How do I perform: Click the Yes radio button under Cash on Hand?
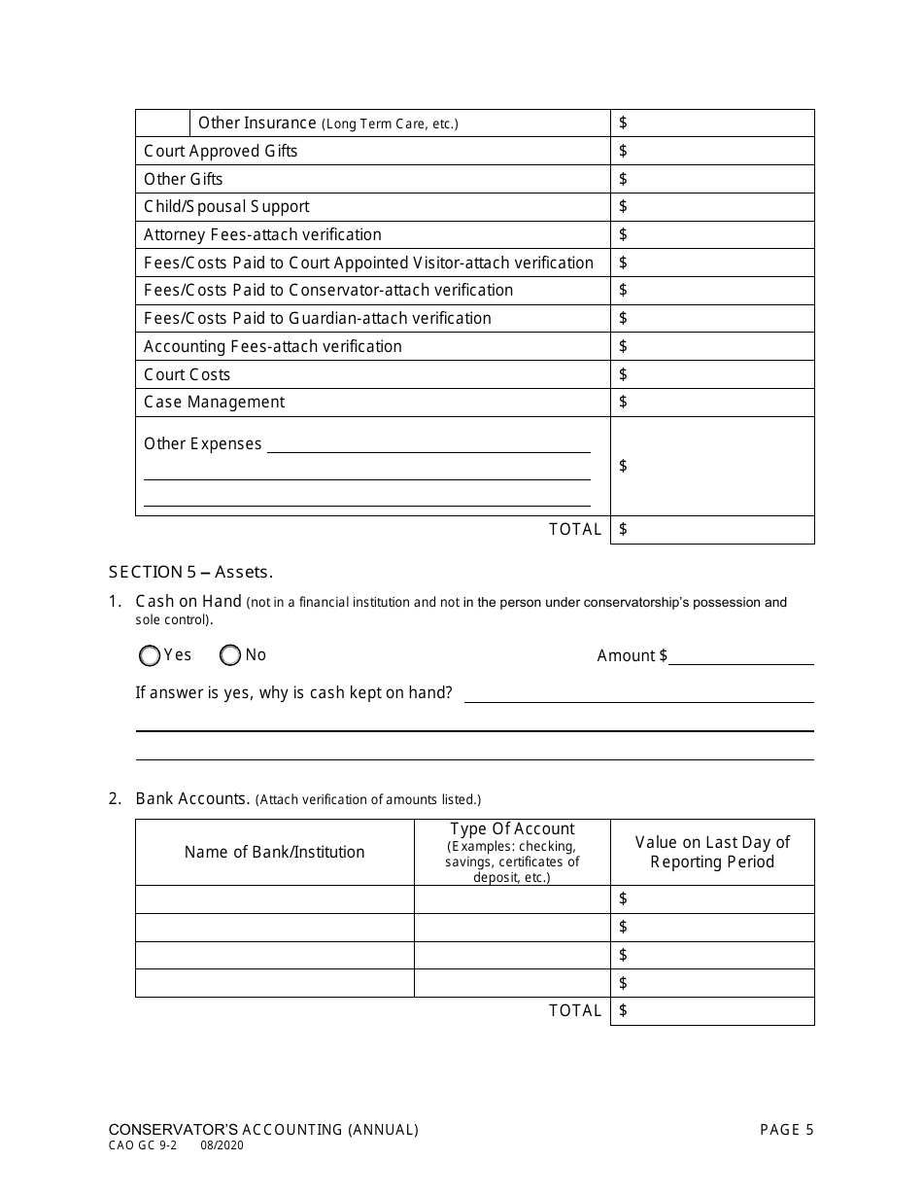click(150, 656)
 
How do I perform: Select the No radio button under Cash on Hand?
click(230, 656)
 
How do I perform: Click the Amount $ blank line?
click(740, 656)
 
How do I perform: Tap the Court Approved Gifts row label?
click(222, 151)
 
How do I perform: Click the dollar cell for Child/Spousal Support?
click(711, 207)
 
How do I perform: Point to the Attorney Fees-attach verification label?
click(262, 234)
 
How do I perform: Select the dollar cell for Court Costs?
click(711, 374)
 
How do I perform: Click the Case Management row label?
click(214, 403)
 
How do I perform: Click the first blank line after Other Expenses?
click(428, 445)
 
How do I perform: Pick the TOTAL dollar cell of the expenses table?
click(711, 530)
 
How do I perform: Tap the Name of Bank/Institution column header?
click(275, 853)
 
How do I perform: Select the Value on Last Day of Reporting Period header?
click(712, 853)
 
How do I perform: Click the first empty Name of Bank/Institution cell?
click(275, 899)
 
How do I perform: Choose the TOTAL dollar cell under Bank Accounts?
click(711, 1011)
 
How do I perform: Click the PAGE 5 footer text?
click(786, 1130)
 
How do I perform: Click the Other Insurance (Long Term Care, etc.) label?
click(328, 123)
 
